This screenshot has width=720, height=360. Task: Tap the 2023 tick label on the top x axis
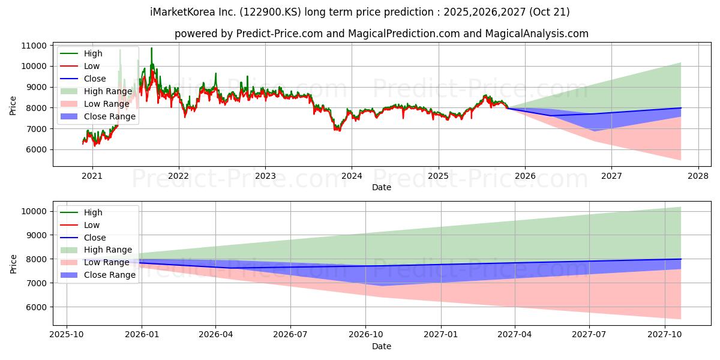coord(265,176)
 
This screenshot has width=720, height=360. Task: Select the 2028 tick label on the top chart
coord(698,176)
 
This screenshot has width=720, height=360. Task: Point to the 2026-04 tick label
coord(215,334)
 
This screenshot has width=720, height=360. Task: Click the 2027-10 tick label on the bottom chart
coord(665,334)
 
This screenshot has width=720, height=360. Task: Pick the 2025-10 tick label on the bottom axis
coord(66,334)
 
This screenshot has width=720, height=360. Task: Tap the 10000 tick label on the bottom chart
coord(34,211)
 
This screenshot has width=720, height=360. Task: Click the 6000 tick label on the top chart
coord(37,150)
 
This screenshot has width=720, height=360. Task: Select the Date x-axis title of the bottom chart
coord(382,346)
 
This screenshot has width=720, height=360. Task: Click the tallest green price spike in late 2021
coord(151,48)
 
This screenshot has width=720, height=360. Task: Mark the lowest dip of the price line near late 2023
coord(337,130)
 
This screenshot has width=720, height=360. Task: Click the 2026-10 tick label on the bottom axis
coord(365,334)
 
